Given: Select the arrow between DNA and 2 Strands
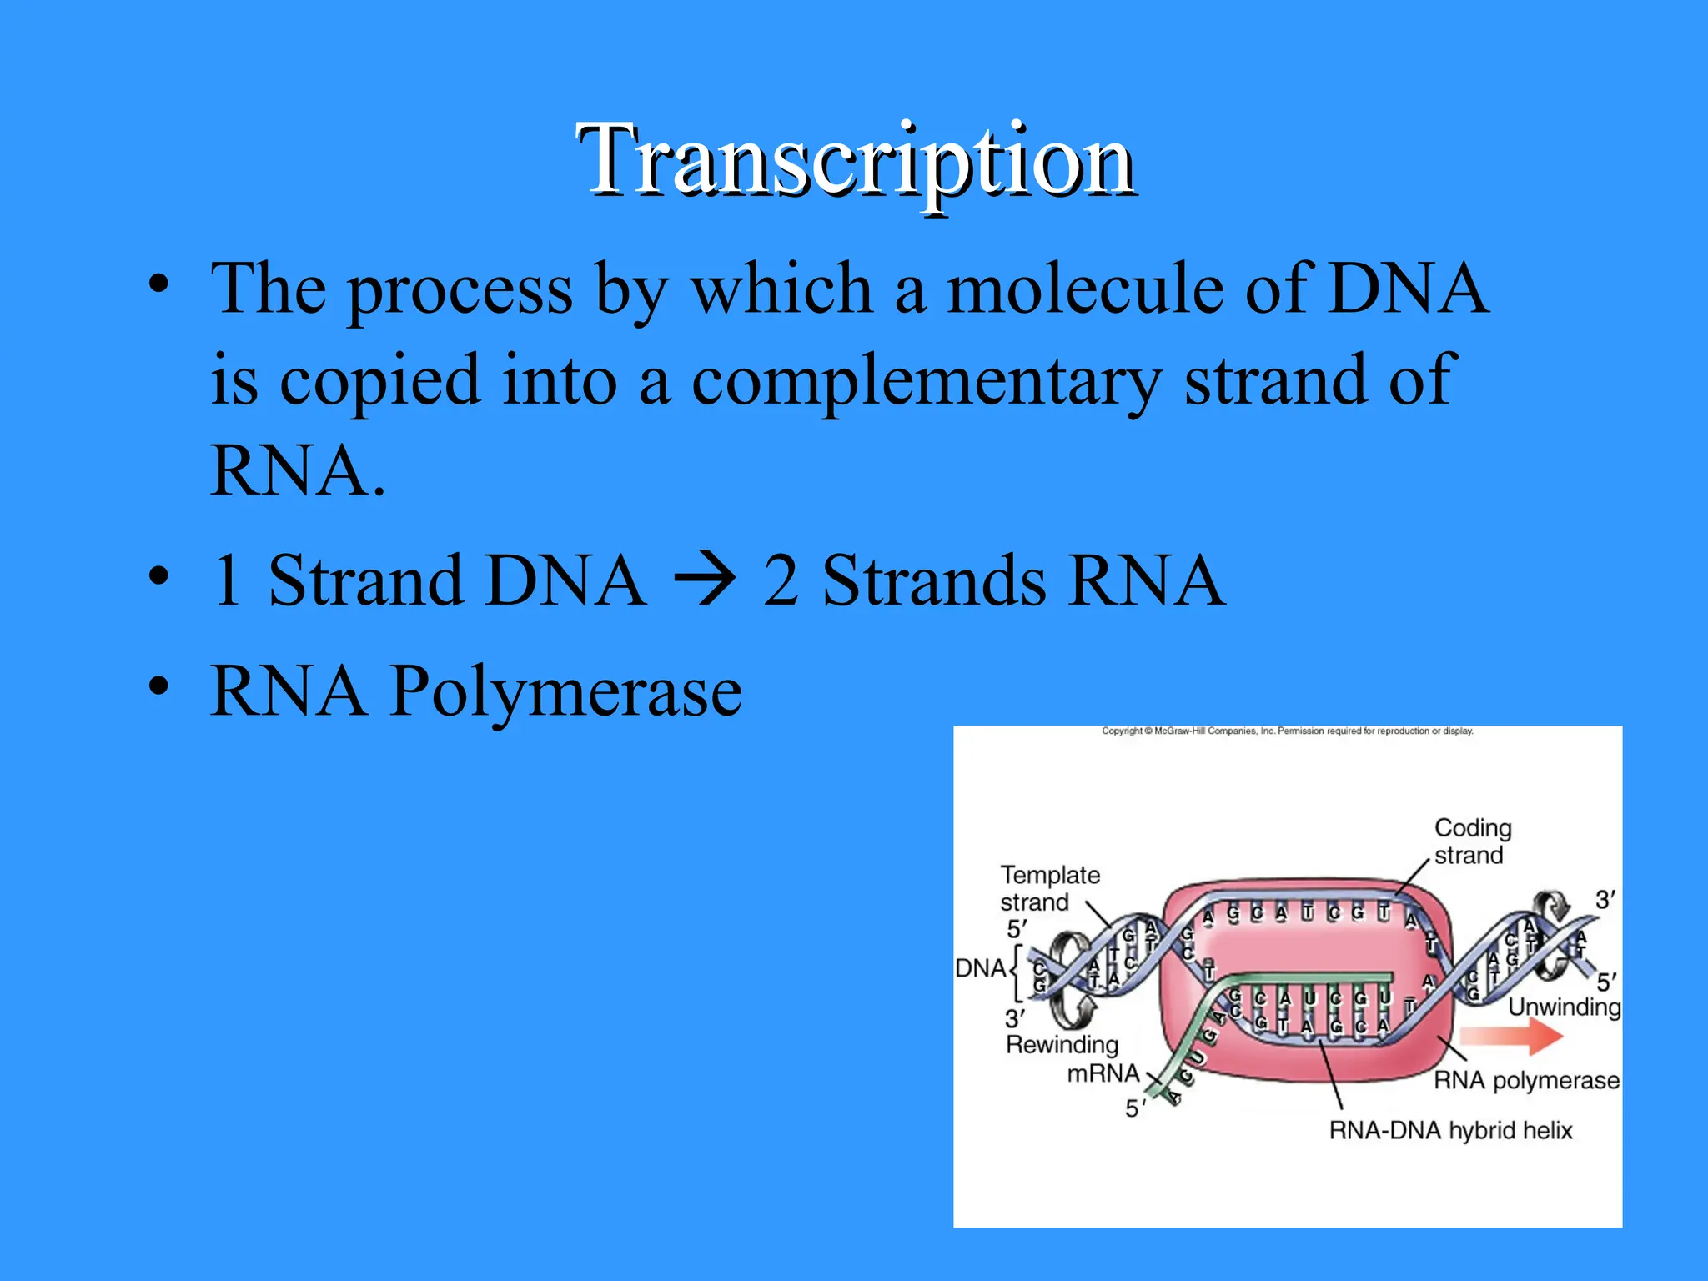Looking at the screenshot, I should click(705, 580).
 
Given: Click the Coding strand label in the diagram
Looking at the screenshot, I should click(1472, 841).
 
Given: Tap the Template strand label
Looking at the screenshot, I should click(1049, 887).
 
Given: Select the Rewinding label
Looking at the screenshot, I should click(1062, 1044).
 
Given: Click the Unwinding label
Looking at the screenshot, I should click(1564, 1007).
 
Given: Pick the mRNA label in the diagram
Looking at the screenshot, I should click(1103, 1073).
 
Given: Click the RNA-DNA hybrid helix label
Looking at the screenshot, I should click(1450, 1130).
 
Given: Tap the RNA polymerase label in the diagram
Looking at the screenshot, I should click(1526, 1080).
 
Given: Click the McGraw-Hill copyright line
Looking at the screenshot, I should click(1287, 731).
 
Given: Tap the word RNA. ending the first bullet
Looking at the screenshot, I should click(298, 470).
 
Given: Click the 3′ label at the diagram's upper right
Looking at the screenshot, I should click(1605, 900).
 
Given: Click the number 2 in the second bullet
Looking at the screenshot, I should click(781, 580).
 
